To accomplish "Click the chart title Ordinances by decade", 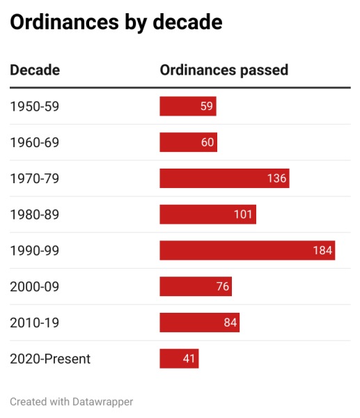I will pyautogui.click(x=116, y=23).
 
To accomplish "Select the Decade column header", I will pyautogui.click(x=35, y=70).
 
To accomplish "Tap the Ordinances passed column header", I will pyautogui.click(x=224, y=70).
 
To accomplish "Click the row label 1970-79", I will pyautogui.click(x=34, y=178).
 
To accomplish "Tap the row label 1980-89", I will pyautogui.click(x=34, y=215).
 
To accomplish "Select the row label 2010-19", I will pyautogui.click(x=34, y=323).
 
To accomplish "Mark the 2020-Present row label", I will pyautogui.click(x=50, y=359).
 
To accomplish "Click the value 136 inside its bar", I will pyautogui.click(x=276, y=178).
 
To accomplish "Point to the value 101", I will pyautogui.click(x=243, y=215).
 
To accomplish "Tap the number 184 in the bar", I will pyautogui.click(x=322, y=250).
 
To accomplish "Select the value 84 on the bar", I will pyautogui.click(x=230, y=323).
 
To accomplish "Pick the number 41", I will pyautogui.click(x=189, y=359).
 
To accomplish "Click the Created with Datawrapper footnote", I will pyautogui.click(x=71, y=401).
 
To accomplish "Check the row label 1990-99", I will pyautogui.click(x=34, y=250).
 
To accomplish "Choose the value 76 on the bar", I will pyautogui.click(x=222, y=286).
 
